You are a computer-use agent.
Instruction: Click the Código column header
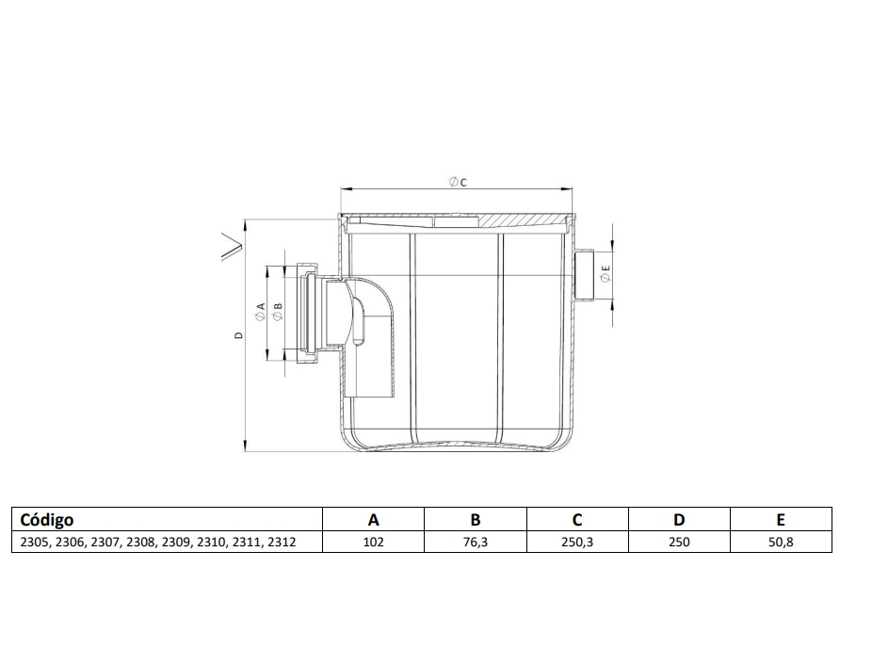47,520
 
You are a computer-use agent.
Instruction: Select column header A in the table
373,520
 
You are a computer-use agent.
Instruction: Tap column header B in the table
475,520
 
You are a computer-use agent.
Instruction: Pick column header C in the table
577,520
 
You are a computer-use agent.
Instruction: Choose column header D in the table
679,520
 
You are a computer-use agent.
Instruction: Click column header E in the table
781,520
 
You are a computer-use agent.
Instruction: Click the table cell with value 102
373,542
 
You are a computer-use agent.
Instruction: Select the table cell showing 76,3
475,542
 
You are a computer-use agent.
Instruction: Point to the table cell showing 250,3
577,542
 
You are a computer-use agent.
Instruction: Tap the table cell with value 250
679,542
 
